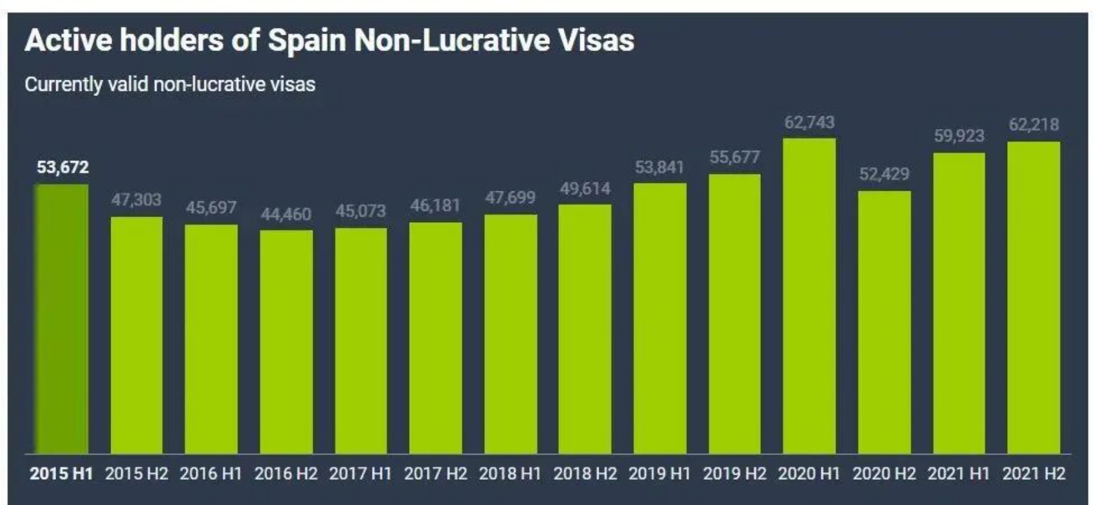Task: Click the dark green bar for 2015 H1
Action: coord(61,319)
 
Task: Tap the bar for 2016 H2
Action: coord(286,342)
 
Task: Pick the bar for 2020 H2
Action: coord(884,322)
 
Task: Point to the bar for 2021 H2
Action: coord(1034,297)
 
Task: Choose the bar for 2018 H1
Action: coord(510,334)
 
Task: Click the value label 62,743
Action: coord(809,122)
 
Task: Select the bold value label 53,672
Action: coord(63,167)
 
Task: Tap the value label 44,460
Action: coord(286,215)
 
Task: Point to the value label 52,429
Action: coord(884,174)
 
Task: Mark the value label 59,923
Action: coord(959,136)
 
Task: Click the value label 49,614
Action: coord(585,189)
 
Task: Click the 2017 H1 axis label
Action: coord(361,473)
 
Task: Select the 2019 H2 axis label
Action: coord(734,473)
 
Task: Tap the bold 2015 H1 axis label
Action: coord(61,473)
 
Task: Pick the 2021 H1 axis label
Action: coord(959,473)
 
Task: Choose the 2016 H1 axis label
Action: coord(211,473)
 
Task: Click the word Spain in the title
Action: coord(307,40)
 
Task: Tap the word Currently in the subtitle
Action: coord(63,85)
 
